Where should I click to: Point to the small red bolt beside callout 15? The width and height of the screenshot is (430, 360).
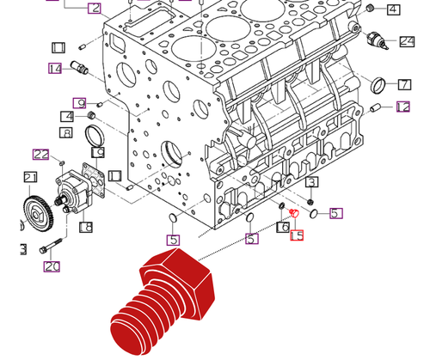pos(292,213)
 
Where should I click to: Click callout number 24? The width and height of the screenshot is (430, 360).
pos(408,40)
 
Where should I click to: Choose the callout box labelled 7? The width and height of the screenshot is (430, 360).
pos(403,84)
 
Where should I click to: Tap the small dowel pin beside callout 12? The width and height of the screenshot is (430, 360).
pos(376,107)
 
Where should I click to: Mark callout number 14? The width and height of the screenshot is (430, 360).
pos(55,69)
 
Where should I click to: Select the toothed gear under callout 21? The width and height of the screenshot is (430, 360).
pos(36,211)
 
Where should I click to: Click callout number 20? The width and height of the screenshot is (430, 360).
pos(52,266)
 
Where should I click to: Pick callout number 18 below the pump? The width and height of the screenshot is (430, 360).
pos(85,228)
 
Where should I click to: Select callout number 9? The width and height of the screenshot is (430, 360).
pos(79,103)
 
